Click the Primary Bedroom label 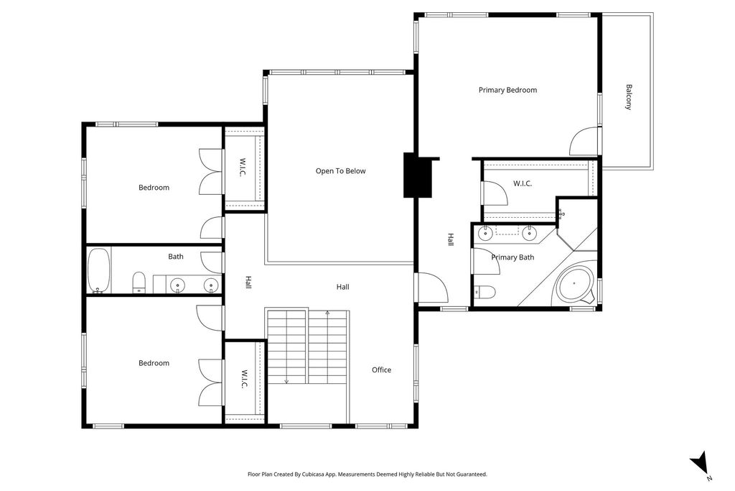coord(507,90)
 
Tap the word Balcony coord(629,97)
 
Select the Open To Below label coord(340,171)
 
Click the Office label coord(381,370)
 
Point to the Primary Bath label coord(512,257)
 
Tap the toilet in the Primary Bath coord(485,291)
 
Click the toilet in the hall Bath coord(139,283)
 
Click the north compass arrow coord(700,462)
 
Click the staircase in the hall coord(306,348)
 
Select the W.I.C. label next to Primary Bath coord(522,183)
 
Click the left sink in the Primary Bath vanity coord(485,231)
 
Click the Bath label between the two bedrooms coord(176,257)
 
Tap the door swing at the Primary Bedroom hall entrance coord(433,288)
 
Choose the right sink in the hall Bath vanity coord(210,285)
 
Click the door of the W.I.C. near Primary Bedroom coord(494,193)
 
